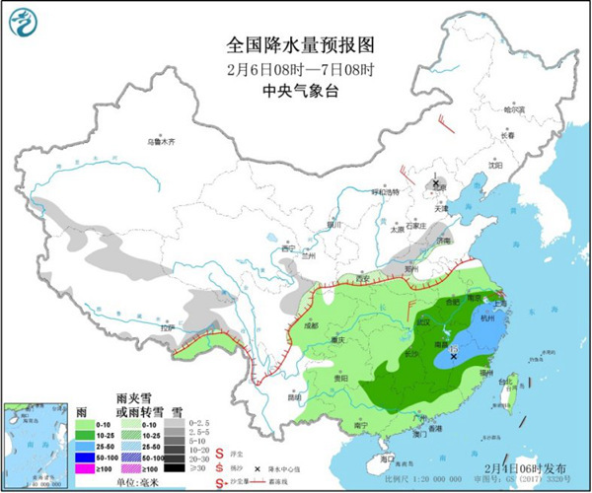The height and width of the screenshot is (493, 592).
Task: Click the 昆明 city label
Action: click(x=293, y=397)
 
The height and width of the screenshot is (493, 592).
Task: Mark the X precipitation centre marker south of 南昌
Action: click(x=453, y=357)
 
